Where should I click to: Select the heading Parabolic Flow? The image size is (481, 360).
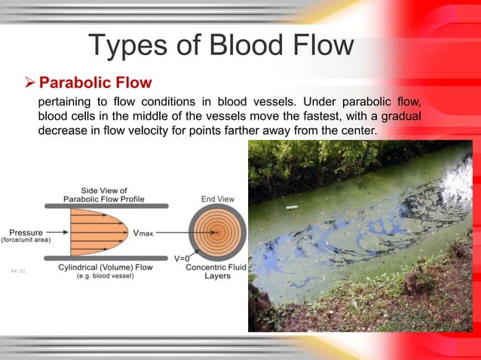pos(95,81)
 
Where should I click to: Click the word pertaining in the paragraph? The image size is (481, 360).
pos(67,102)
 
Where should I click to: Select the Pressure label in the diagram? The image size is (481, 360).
pos(25,232)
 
